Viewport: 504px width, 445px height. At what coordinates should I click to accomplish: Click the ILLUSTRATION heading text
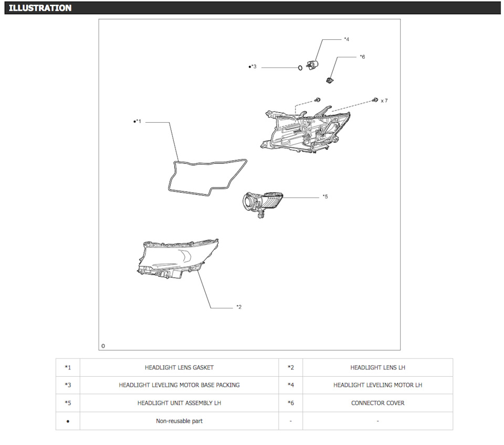[40, 8]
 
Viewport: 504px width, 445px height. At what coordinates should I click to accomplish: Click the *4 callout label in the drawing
[346, 39]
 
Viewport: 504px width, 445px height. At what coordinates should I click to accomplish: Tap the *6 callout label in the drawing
[362, 57]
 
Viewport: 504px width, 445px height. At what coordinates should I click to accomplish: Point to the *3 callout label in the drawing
[253, 67]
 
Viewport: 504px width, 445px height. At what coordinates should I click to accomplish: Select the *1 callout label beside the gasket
[137, 121]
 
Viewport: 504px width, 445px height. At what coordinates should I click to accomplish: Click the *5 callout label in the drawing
[325, 197]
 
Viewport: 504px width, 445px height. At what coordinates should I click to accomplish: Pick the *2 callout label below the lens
[239, 307]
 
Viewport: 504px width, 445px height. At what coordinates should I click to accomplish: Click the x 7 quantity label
[384, 101]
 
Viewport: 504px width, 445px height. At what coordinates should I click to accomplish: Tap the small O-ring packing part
[300, 68]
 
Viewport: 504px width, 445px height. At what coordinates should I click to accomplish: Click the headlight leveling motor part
[312, 65]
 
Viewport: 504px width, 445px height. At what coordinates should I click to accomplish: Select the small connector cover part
[329, 80]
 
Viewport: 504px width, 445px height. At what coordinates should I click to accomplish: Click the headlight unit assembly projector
[262, 204]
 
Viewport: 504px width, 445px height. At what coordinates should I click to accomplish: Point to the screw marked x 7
[375, 100]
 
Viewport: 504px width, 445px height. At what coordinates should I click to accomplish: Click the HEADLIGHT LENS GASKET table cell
[179, 367]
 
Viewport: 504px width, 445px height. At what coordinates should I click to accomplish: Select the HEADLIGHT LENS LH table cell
[377, 367]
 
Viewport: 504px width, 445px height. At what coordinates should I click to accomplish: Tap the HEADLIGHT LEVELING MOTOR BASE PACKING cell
[179, 385]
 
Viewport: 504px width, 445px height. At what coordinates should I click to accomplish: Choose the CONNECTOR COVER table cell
[377, 403]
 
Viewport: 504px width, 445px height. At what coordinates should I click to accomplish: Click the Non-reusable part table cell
[179, 421]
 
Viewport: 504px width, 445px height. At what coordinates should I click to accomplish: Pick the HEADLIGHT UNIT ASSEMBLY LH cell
[179, 403]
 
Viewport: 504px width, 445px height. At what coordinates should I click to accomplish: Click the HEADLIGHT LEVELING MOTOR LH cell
[377, 385]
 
